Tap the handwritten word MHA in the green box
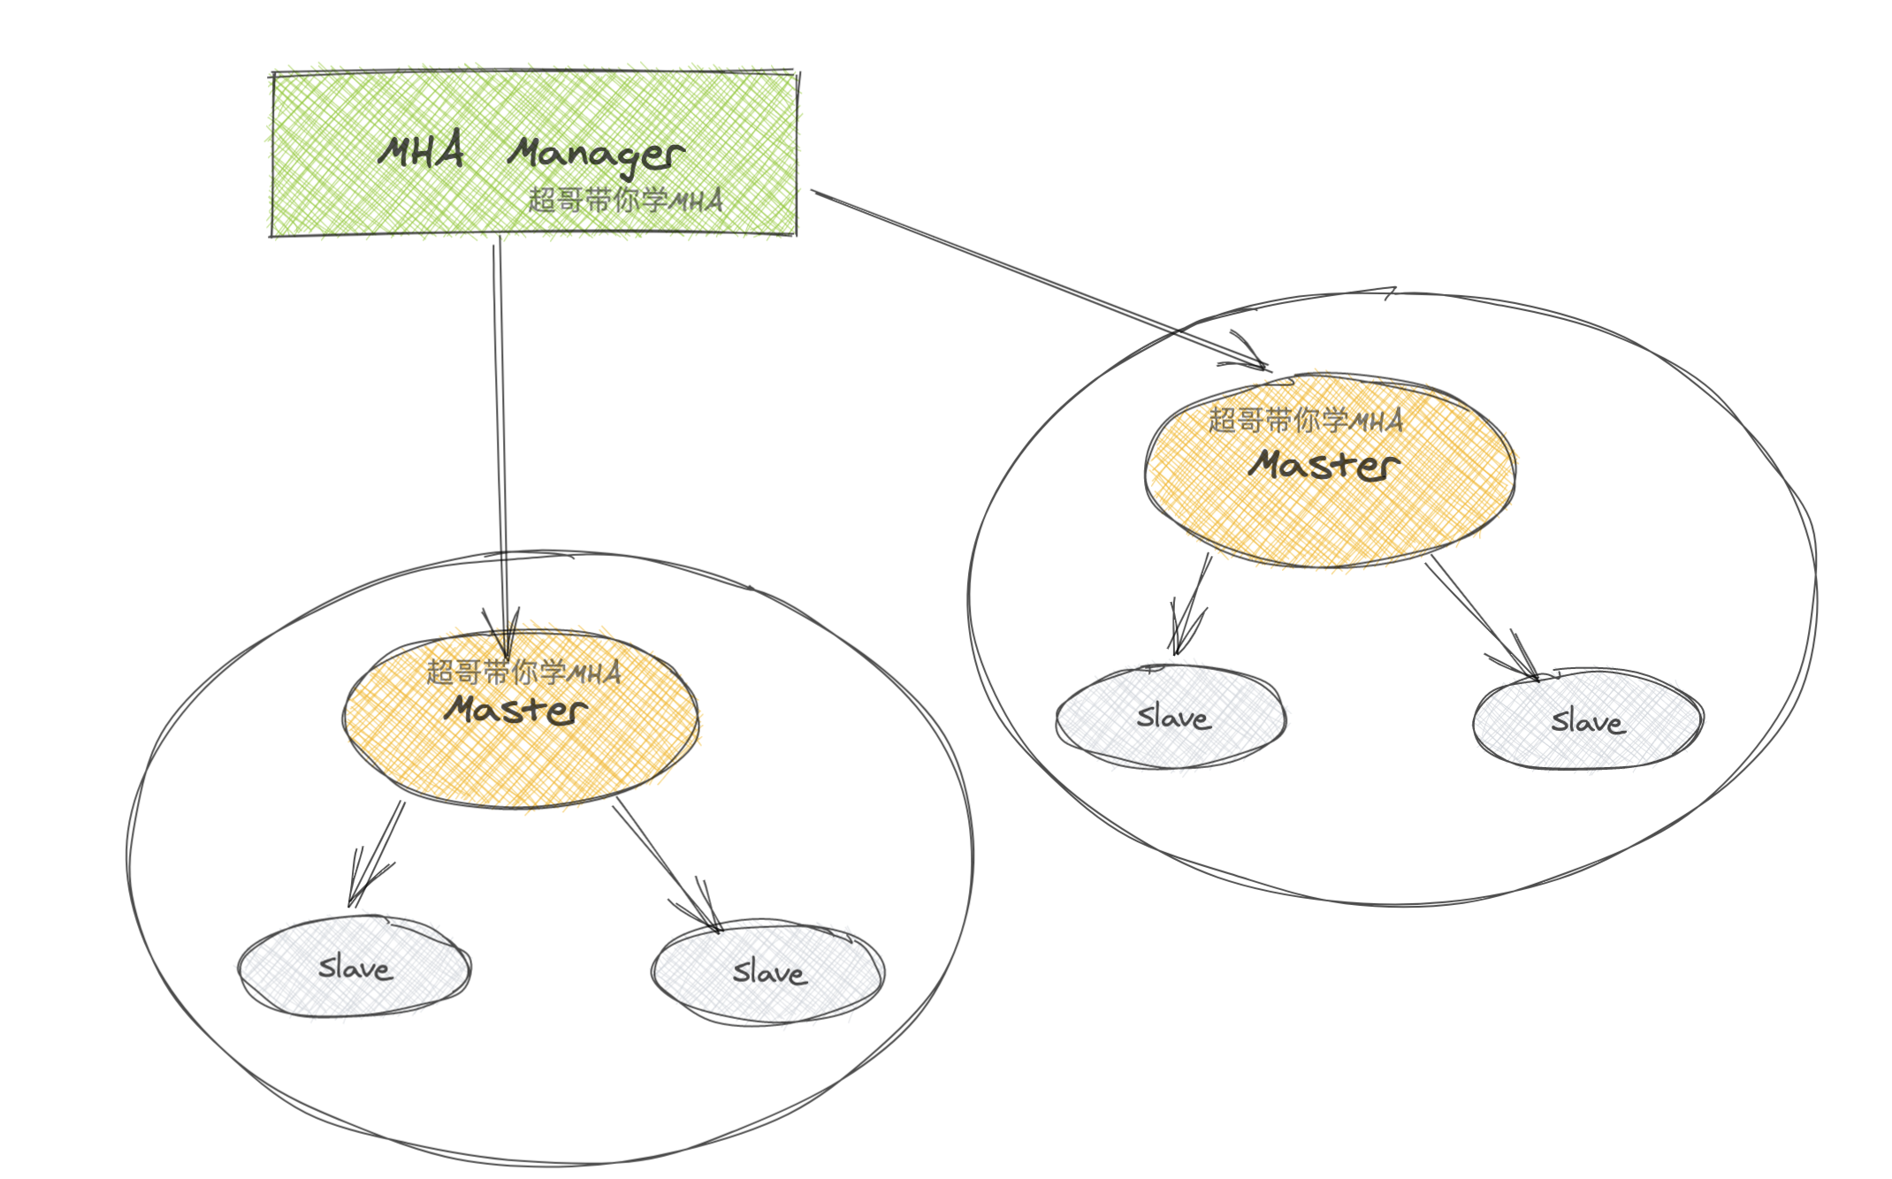coord(421,151)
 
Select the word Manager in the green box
coord(595,155)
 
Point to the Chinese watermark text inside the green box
coord(625,201)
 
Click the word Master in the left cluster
coord(516,710)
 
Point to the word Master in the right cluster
coord(1324,466)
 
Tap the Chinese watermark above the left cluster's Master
coord(523,673)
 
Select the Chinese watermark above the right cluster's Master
coord(1306,421)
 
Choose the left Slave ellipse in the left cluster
coord(355,967)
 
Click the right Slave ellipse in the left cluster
coord(768,972)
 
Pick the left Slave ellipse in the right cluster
coord(1171,717)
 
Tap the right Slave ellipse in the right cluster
coord(1588,721)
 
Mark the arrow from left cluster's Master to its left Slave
coord(378,853)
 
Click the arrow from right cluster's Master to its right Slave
coord(1481,619)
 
